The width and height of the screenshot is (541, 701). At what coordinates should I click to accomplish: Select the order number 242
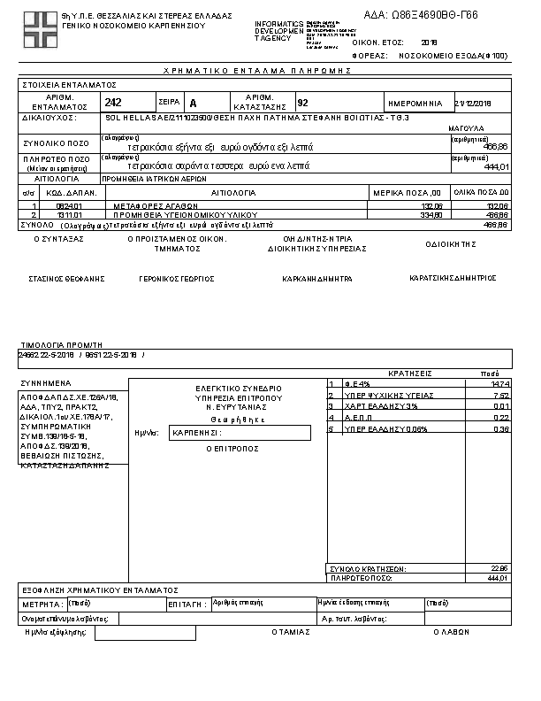pos(113,103)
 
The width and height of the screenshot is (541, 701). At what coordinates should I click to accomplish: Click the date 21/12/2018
pos(472,103)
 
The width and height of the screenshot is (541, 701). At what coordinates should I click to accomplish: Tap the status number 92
pos(303,103)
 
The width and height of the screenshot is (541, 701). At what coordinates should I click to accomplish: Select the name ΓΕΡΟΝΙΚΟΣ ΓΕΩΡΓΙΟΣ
pos(177,278)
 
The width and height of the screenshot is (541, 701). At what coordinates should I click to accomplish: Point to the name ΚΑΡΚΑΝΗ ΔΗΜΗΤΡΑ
pos(316,278)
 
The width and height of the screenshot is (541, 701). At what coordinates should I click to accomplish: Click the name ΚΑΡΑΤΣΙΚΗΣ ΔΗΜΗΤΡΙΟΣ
pos(453,277)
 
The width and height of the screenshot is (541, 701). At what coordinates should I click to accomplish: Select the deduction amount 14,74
pos(500,383)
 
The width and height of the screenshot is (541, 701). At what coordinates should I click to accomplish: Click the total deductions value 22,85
pos(500,567)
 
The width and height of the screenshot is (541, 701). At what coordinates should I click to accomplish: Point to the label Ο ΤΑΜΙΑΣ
pos(291,632)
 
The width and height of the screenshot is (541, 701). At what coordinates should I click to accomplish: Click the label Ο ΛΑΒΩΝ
pos(450,632)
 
